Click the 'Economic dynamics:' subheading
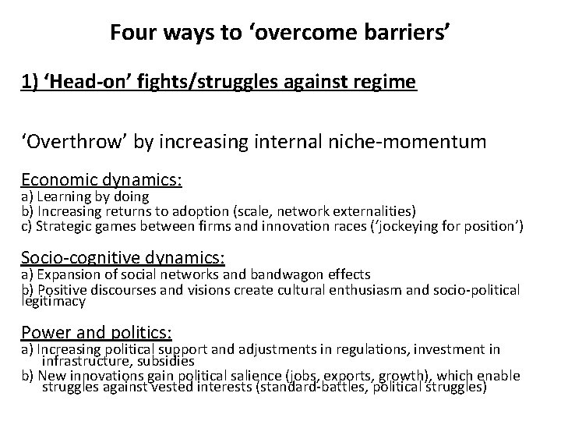pyautogui.click(x=101, y=179)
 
